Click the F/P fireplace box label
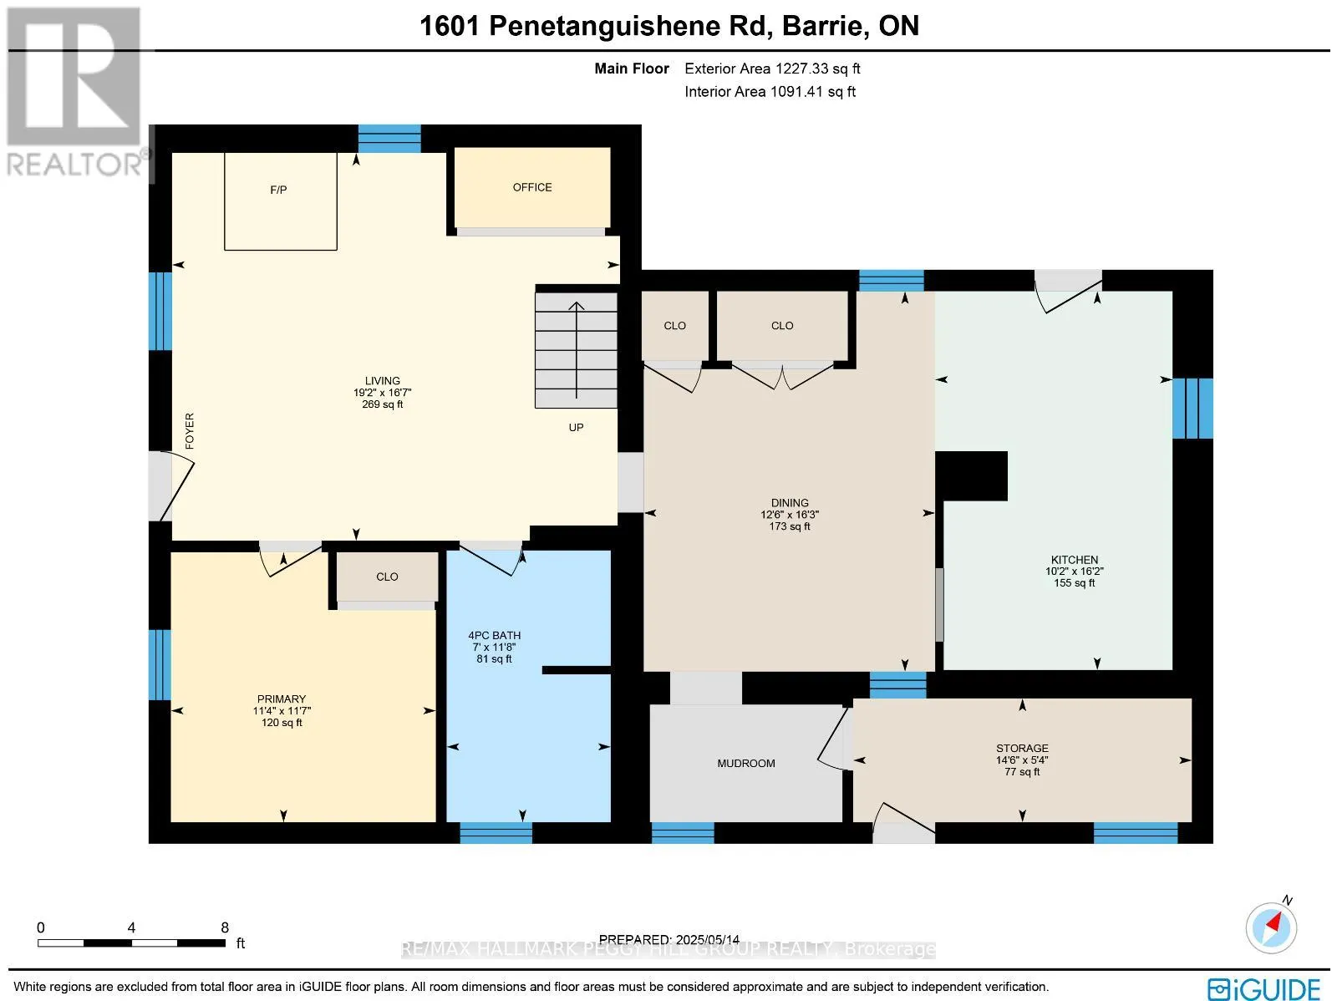[278, 190]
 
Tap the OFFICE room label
[532, 187]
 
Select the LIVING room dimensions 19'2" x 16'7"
[382, 393]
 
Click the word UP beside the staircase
[576, 427]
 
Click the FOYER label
[190, 431]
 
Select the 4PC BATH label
[494, 635]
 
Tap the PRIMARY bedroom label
[282, 699]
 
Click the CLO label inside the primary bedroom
[387, 577]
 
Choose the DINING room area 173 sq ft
[790, 526]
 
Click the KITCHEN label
[1075, 560]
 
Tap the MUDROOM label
[746, 763]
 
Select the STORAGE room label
[1022, 748]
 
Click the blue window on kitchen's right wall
[1192, 408]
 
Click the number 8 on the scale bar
[225, 927]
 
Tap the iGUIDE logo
[1264, 989]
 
